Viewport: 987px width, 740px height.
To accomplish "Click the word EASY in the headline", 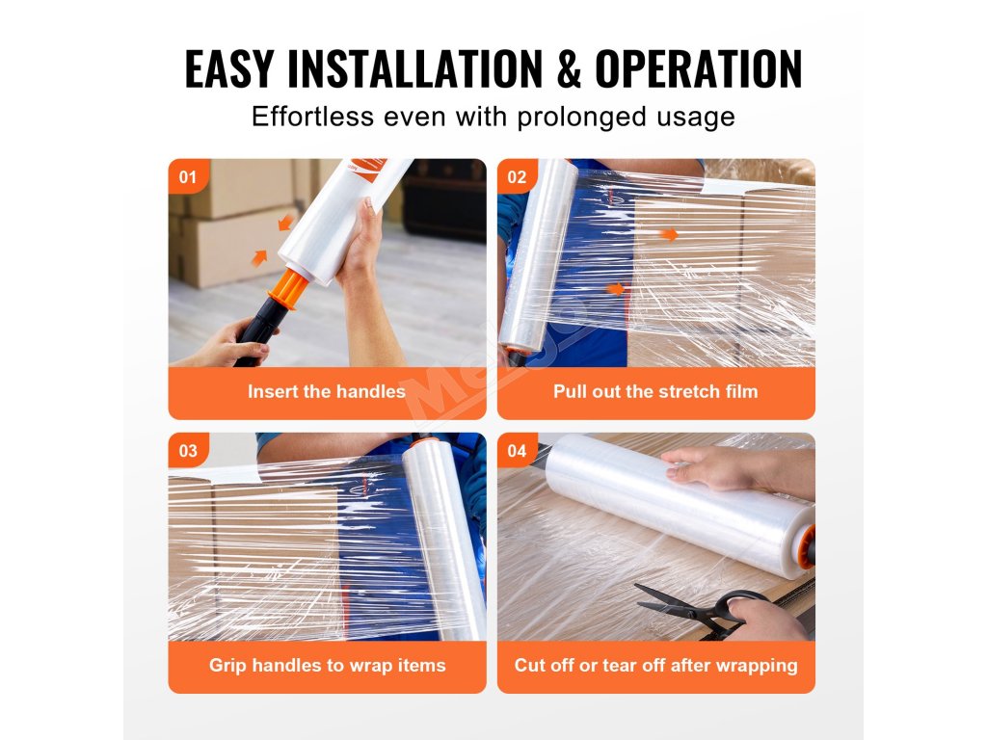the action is (229, 68).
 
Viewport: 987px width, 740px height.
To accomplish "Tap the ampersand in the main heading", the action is (569, 68).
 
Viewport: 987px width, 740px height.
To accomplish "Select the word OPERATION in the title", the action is (698, 68).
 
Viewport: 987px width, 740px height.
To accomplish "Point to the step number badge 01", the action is (188, 177).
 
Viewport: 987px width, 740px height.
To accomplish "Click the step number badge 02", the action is (517, 177).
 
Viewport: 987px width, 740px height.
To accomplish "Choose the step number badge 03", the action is (188, 451).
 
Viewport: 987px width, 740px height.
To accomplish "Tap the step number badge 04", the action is (517, 451).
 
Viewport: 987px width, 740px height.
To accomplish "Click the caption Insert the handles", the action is (327, 391).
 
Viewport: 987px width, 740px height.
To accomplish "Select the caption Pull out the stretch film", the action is (655, 391).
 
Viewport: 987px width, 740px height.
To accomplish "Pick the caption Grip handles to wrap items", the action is (328, 665).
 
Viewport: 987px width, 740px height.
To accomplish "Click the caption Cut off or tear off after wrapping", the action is (655, 665).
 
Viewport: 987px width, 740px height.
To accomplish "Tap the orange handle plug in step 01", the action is (289, 289).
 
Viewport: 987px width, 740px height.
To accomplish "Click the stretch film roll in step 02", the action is (539, 254).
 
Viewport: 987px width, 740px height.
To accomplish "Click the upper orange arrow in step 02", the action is (669, 234).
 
